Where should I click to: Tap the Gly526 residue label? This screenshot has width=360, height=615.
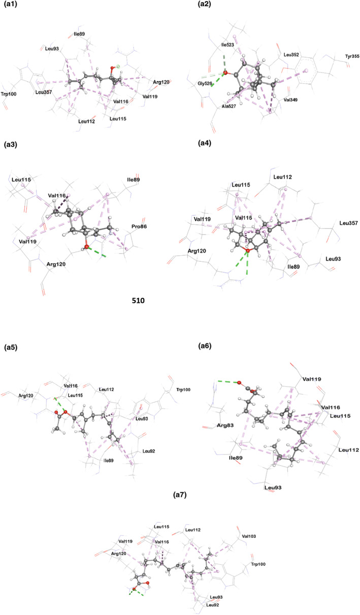(205, 83)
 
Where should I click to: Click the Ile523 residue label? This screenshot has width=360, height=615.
(228, 45)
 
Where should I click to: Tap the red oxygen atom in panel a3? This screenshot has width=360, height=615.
(87, 247)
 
